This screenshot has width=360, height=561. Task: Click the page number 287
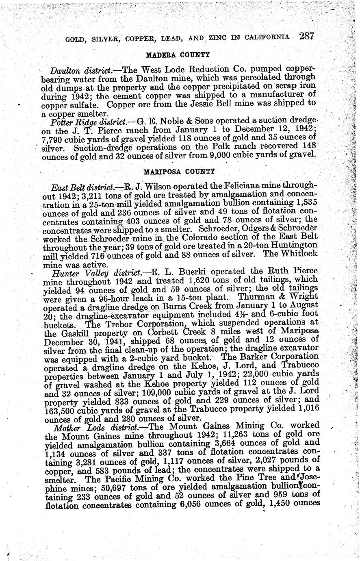click(x=307, y=36)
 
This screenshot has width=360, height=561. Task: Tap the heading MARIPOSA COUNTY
click(x=179, y=170)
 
